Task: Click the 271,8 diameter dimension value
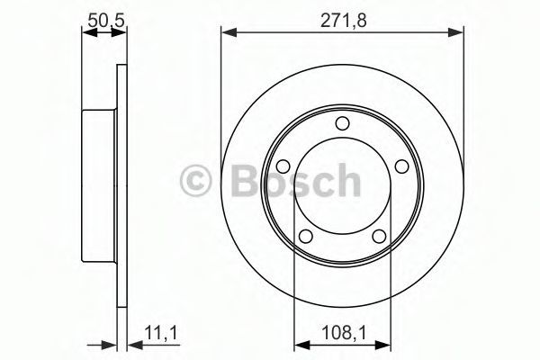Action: click(344, 21)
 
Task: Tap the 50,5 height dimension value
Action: click(105, 21)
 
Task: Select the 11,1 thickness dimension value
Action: click(160, 333)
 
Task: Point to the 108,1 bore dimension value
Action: click(344, 333)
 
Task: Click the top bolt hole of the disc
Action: click(342, 123)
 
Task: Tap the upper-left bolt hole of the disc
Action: click(283, 166)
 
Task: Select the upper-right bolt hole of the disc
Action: click(401, 166)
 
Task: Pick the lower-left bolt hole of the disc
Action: click(305, 237)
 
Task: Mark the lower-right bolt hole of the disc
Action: click(379, 237)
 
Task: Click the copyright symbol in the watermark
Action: click(195, 180)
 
